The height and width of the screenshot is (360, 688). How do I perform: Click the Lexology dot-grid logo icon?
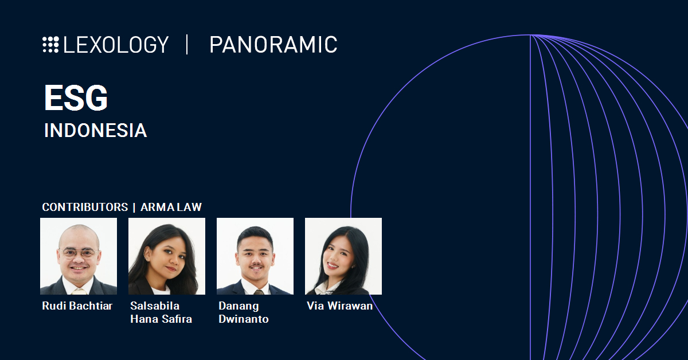coord(50,45)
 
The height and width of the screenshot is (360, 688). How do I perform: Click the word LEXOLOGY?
coord(116,45)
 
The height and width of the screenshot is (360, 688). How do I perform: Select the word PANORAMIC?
coord(273,45)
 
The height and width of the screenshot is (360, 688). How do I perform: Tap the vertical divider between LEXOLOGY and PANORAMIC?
coord(187,45)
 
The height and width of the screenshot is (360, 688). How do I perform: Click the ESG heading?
coord(76,99)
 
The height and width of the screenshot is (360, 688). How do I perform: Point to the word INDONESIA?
coord(95,131)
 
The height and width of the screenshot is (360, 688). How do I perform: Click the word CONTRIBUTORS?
coord(85,207)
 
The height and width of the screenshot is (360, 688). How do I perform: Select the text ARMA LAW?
coord(171,207)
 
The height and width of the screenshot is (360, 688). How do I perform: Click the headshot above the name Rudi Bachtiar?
coord(79,256)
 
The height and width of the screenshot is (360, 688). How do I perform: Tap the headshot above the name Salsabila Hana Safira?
coord(167,256)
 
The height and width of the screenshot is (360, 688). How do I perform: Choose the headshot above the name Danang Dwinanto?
coord(255,256)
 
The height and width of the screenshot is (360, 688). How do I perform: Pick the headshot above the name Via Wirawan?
coord(343,256)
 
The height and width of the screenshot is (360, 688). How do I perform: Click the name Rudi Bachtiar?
coord(77,306)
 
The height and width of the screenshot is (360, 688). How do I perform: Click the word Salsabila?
coord(155,306)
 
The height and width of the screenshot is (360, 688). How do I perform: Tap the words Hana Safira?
coord(161,319)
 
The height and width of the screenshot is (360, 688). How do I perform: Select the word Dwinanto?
coord(244,319)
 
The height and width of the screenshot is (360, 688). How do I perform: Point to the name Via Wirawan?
coord(339,306)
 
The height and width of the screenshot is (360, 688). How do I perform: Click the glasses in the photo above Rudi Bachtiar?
coord(79,253)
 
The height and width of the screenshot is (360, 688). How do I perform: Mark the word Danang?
coord(239,306)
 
